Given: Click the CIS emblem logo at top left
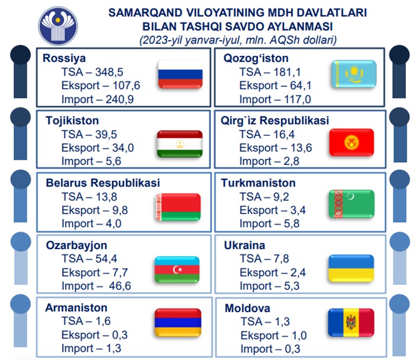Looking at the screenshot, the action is (x=58, y=26).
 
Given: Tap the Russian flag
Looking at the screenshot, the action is (x=180, y=75).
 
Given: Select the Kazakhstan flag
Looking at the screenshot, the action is (x=354, y=74).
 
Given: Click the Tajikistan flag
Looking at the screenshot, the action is (x=180, y=144).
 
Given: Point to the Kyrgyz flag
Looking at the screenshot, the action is (x=351, y=142).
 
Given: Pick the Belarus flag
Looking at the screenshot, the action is (x=178, y=207).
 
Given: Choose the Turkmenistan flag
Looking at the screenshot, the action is (x=351, y=204).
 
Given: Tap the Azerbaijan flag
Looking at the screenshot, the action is (x=177, y=270).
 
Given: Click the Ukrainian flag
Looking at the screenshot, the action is (x=351, y=268).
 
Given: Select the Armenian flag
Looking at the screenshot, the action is (x=178, y=322).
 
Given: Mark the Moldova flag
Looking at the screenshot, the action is (x=351, y=322).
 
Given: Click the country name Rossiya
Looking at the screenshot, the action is (x=64, y=58).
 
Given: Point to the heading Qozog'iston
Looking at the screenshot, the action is (x=256, y=58).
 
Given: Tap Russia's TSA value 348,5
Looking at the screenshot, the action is (x=109, y=72).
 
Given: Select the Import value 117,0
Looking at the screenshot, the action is (x=298, y=100).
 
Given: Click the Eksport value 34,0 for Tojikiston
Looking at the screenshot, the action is (x=122, y=148).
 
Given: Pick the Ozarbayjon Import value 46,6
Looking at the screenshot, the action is (x=120, y=286).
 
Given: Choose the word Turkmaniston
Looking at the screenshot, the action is (x=258, y=183).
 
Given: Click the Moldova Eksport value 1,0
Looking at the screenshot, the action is (x=299, y=336).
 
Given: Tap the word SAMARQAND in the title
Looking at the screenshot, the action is (x=145, y=13).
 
